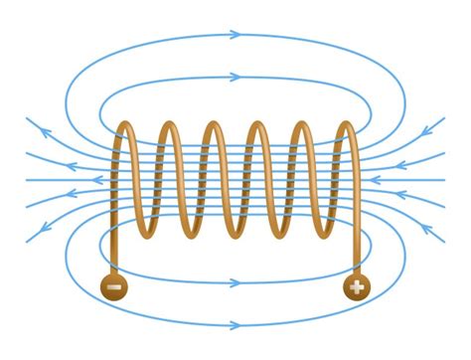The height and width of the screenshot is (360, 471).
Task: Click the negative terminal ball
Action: (x=114, y=288)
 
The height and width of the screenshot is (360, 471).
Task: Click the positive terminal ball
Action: (x=356, y=288)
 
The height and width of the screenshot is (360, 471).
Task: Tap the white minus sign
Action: (x=114, y=288)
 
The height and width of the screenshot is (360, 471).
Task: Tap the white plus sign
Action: (x=356, y=288)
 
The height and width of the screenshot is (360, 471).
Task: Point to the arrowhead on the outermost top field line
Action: (x=235, y=35)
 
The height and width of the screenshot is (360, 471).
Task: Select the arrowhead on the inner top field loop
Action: (x=235, y=77)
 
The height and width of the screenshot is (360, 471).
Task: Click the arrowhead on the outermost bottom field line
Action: (x=235, y=324)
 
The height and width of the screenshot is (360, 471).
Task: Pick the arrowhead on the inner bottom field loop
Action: (x=235, y=282)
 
